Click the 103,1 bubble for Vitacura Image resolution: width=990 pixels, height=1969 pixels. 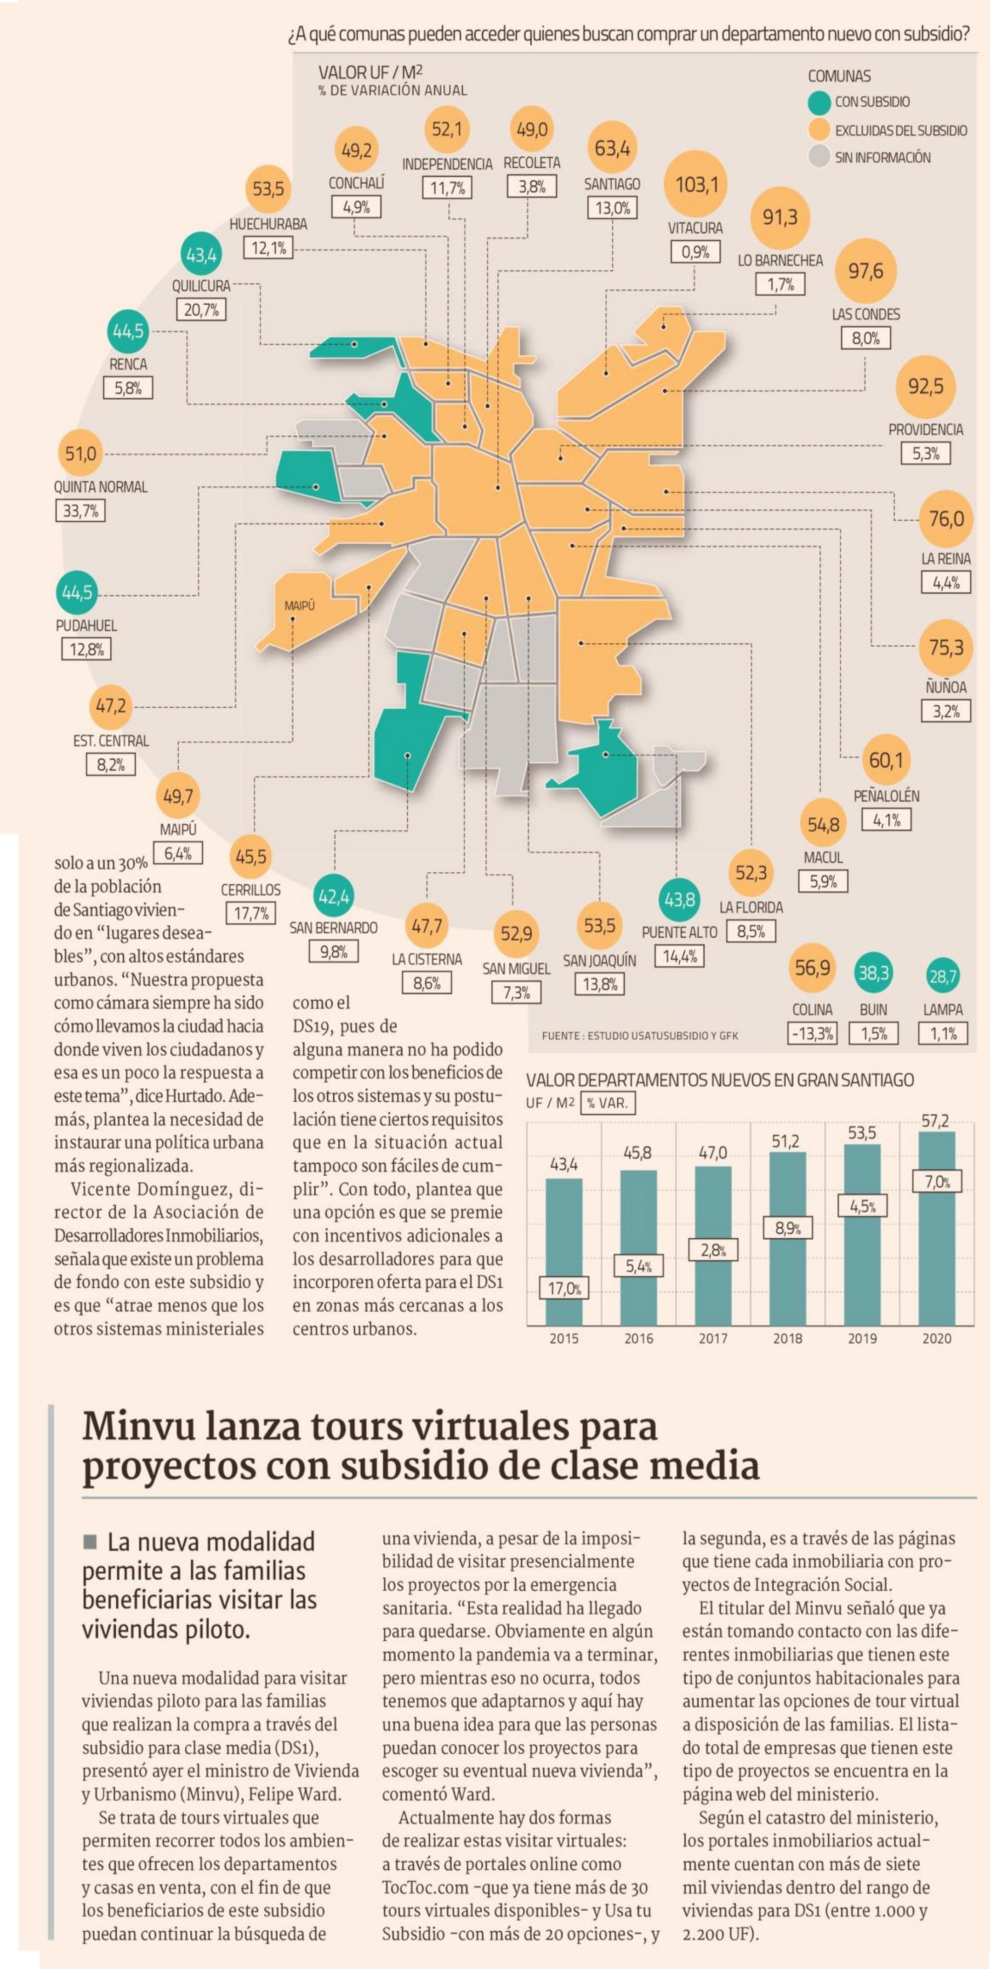pyautogui.click(x=696, y=184)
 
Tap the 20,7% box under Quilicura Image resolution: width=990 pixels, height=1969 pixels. pyautogui.click(x=201, y=310)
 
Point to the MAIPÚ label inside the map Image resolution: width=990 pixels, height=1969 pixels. pyautogui.click(x=300, y=605)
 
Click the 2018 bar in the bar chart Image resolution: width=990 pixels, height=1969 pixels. pyautogui.click(x=787, y=1238)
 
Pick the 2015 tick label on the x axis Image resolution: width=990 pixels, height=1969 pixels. pyautogui.click(x=564, y=1338)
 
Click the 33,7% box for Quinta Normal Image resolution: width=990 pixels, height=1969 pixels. pyautogui.click(x=80, y=511)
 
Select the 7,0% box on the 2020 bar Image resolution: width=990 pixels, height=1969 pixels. pyautogui.click(x=937, y=1182)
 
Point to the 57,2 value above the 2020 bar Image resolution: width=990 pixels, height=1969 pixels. pyautogui.click(x=935, y=1121)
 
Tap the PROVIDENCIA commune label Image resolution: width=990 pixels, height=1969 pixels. pyautogui.click(x=925, y=430)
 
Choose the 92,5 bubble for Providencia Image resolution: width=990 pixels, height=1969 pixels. pyautogui.click(x=925, y=386)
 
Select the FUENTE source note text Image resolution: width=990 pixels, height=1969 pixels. pyautogui.click(x=639, y=1036)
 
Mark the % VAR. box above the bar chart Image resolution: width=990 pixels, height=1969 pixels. pyautogui.click(x=607, y=1103)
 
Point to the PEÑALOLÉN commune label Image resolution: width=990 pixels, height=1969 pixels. pyautogui.click(x=886, y=796)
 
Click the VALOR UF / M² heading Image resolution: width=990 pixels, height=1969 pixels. pyautogui.click(x=371, y=73)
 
